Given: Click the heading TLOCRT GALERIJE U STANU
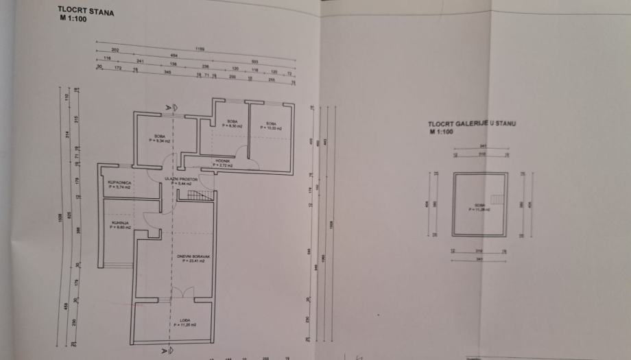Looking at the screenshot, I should [473, 123].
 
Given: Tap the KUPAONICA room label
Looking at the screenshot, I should [115, 182].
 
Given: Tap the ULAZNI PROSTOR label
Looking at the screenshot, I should [181, 179].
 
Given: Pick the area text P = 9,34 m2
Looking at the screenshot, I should [158, 140].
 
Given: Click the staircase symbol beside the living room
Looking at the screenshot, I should [198, 196].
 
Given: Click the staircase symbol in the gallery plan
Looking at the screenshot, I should [499, 201].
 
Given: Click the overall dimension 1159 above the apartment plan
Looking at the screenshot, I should [200, 49].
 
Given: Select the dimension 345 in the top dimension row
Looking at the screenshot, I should [167, 70].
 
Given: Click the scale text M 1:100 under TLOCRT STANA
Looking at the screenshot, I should [71, 20].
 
